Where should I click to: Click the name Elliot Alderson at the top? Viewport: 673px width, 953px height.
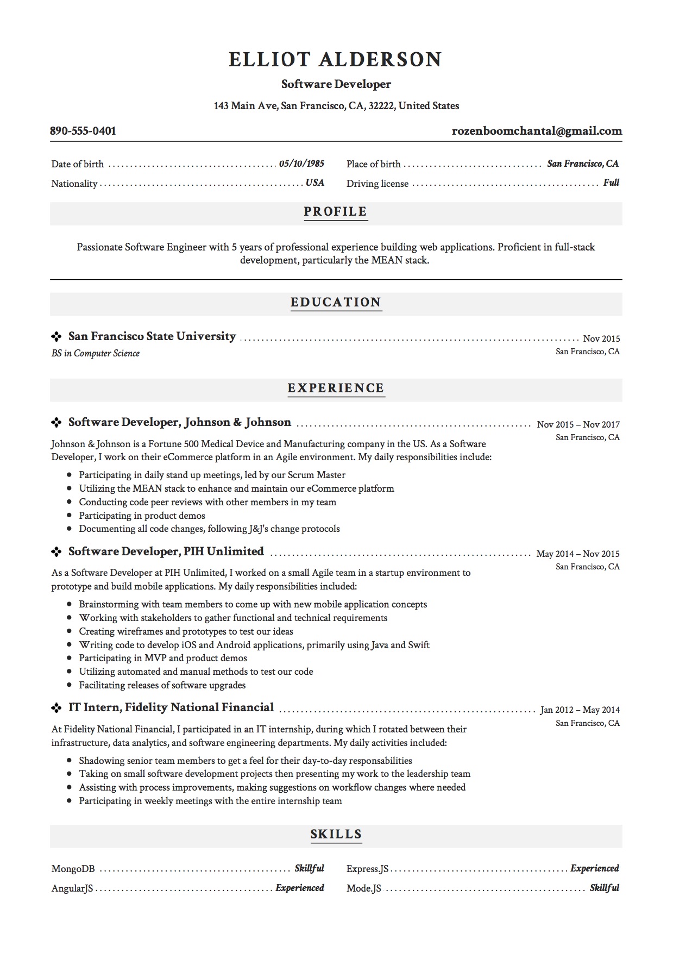click(x=336, y=59)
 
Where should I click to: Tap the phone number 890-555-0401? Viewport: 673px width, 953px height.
click(x=83, y=131)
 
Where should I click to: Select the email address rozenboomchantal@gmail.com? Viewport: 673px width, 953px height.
click(x=537, y=131)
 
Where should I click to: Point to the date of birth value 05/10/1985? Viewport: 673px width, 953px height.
click(x=301, y=164)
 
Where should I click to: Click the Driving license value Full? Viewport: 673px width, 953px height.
click(x=611, y=183)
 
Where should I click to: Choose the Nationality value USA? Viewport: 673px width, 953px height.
click(x=315, y=183)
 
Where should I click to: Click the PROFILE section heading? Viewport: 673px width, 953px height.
click(x=336, y=211)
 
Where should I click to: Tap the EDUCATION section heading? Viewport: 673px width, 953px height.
click(x=336, y=302)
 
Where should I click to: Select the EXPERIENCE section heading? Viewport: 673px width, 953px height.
click(x=336, y=388)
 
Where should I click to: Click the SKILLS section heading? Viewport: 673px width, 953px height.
click(x=336, y=834)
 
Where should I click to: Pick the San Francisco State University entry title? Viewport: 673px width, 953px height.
click(x=152, y=336)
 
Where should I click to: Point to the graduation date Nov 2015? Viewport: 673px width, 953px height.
click(x=601, y=338)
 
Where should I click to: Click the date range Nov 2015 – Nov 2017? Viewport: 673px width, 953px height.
click(x=578, y=424)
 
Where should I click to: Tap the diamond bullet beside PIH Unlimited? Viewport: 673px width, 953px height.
click(x=56, y=552)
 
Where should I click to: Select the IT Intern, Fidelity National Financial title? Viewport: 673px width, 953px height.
click(x=171, y=707)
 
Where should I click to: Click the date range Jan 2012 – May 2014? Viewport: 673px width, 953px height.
click(x=580, y=710)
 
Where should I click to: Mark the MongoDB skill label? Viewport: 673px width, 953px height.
click(x=73, y=869)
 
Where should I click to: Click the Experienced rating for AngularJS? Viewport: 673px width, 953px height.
click(x=300, y=888)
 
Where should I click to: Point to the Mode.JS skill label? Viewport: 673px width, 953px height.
click(x=364, y=888)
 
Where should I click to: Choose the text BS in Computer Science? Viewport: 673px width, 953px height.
click(x=96, y=353)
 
